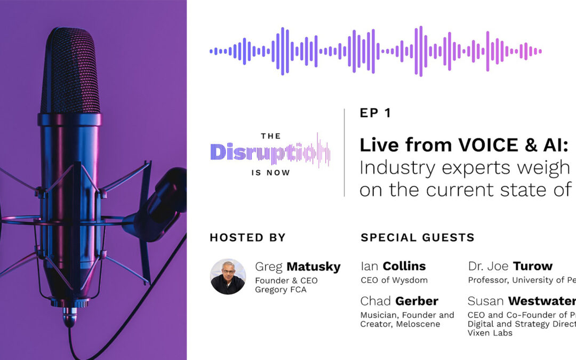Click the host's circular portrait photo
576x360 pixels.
click(228, 277)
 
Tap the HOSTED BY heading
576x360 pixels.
click(247, 237)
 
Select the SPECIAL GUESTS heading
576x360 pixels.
click(418, 237)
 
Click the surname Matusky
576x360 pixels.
click(313, 267)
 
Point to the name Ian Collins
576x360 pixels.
click(393, 266)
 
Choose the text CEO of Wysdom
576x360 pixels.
click(394, 280)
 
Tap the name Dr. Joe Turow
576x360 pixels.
click(510, 266)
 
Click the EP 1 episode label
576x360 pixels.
click(375, 113)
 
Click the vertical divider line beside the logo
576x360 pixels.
click(344, 152)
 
